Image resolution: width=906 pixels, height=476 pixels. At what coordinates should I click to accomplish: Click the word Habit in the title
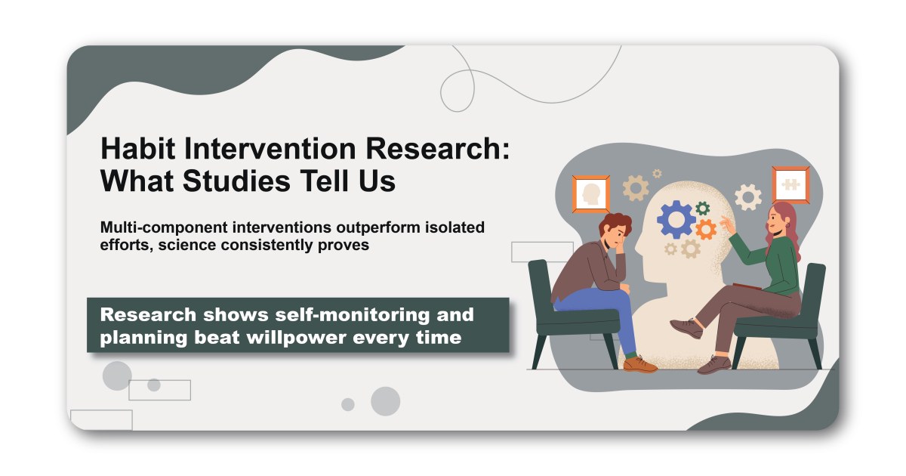[x=137, y=148]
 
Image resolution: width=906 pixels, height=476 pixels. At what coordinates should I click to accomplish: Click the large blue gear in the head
[x=676, y=220]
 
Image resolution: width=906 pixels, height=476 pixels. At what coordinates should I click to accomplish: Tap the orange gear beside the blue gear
[x=706, y=229]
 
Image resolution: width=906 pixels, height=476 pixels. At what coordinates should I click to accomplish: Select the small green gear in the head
[x=703, y=208]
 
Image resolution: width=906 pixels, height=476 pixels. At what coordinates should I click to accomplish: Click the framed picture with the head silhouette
[x=591, y=194]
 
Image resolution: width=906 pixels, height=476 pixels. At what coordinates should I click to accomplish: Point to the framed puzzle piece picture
[x=790, y=184]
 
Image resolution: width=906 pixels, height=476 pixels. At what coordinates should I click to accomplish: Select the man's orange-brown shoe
[x=640, y=364]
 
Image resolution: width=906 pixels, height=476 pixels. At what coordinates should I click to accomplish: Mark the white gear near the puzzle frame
[x=748, y=197]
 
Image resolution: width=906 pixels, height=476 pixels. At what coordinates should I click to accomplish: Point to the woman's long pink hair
[x=785, y=230]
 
